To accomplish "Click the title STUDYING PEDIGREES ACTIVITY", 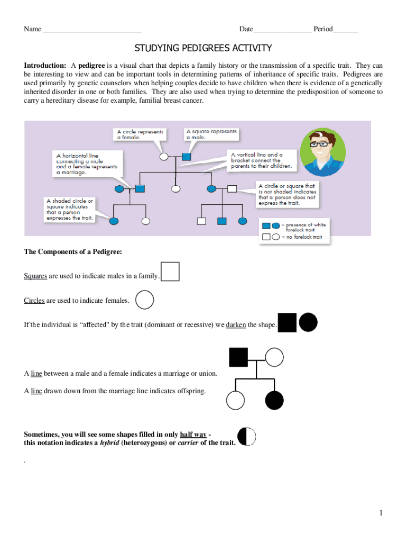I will point(203,49).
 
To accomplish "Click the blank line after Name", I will point(92,29).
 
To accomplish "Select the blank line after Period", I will point(345,29).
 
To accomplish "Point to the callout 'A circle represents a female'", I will point(140,134).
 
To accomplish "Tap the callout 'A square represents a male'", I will point(211,134).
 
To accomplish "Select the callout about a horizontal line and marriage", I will point(87,164).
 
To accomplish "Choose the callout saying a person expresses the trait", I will point(70,209).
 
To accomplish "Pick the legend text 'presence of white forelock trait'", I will point(306,227).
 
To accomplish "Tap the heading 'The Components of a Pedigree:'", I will point(73,252).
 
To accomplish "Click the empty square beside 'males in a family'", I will point(170,271).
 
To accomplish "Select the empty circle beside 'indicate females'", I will point(144,300).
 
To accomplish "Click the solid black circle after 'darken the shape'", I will point(308,322).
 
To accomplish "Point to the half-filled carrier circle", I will point(247,437).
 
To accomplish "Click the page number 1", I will point(380,512).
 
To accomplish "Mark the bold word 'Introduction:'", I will point(45,65).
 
